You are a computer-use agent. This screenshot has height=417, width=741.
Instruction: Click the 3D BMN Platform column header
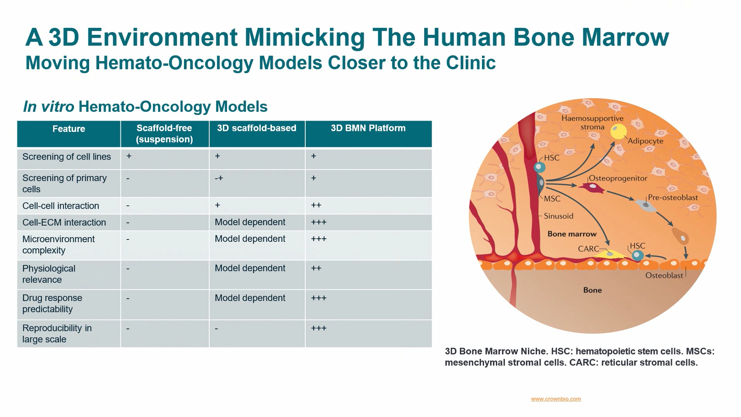click(x=368, y=128)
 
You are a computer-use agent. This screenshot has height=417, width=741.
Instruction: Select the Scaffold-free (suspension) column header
click(x=164, y=134)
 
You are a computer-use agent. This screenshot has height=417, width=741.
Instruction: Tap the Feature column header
click(x=69, y=129)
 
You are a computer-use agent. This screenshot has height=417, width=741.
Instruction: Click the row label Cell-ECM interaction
click(x=64, y=222)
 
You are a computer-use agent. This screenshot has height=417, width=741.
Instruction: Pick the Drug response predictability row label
click(x=52, y=304)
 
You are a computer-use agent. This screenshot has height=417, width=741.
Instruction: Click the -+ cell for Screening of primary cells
click(x=219, y=178)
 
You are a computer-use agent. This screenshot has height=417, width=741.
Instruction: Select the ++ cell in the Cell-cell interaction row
click(x=316, y=205)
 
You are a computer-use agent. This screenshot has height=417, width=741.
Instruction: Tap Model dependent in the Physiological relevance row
click(x=250, y=268)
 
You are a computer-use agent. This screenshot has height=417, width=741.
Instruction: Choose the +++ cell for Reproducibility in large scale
click(x=319, y=328)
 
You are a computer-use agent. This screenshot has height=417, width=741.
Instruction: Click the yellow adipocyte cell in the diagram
click(x=618, y=132)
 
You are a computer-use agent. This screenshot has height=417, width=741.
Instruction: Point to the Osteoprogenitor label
click(x=618, y=178)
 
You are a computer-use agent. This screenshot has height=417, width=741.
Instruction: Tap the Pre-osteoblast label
click(x=673, y=197)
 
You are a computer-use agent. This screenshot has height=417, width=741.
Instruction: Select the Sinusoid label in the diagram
click(x=559, y=216)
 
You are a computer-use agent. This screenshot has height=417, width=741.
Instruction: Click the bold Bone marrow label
click(x=572, y=234)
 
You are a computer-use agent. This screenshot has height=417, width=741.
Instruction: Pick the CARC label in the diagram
click(x=589, y=249)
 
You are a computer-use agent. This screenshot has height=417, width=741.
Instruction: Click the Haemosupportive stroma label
click(x=593, y=122)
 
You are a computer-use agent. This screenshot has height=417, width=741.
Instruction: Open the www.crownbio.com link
click(x=556, y=399)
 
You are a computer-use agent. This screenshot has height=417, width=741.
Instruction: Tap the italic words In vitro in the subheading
click(x=49, y=107)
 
